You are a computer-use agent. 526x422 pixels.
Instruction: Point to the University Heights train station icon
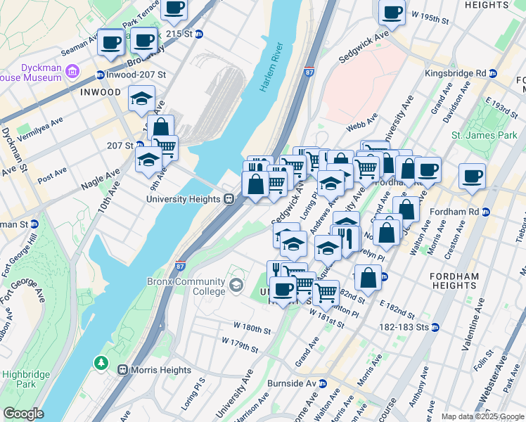(x=229, y=199)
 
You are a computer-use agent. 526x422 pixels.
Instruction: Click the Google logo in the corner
(x=23, y=414)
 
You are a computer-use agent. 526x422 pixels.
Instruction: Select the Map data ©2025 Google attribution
(x=482, y=416)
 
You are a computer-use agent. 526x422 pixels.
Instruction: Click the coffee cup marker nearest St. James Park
(x=472, y=177)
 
